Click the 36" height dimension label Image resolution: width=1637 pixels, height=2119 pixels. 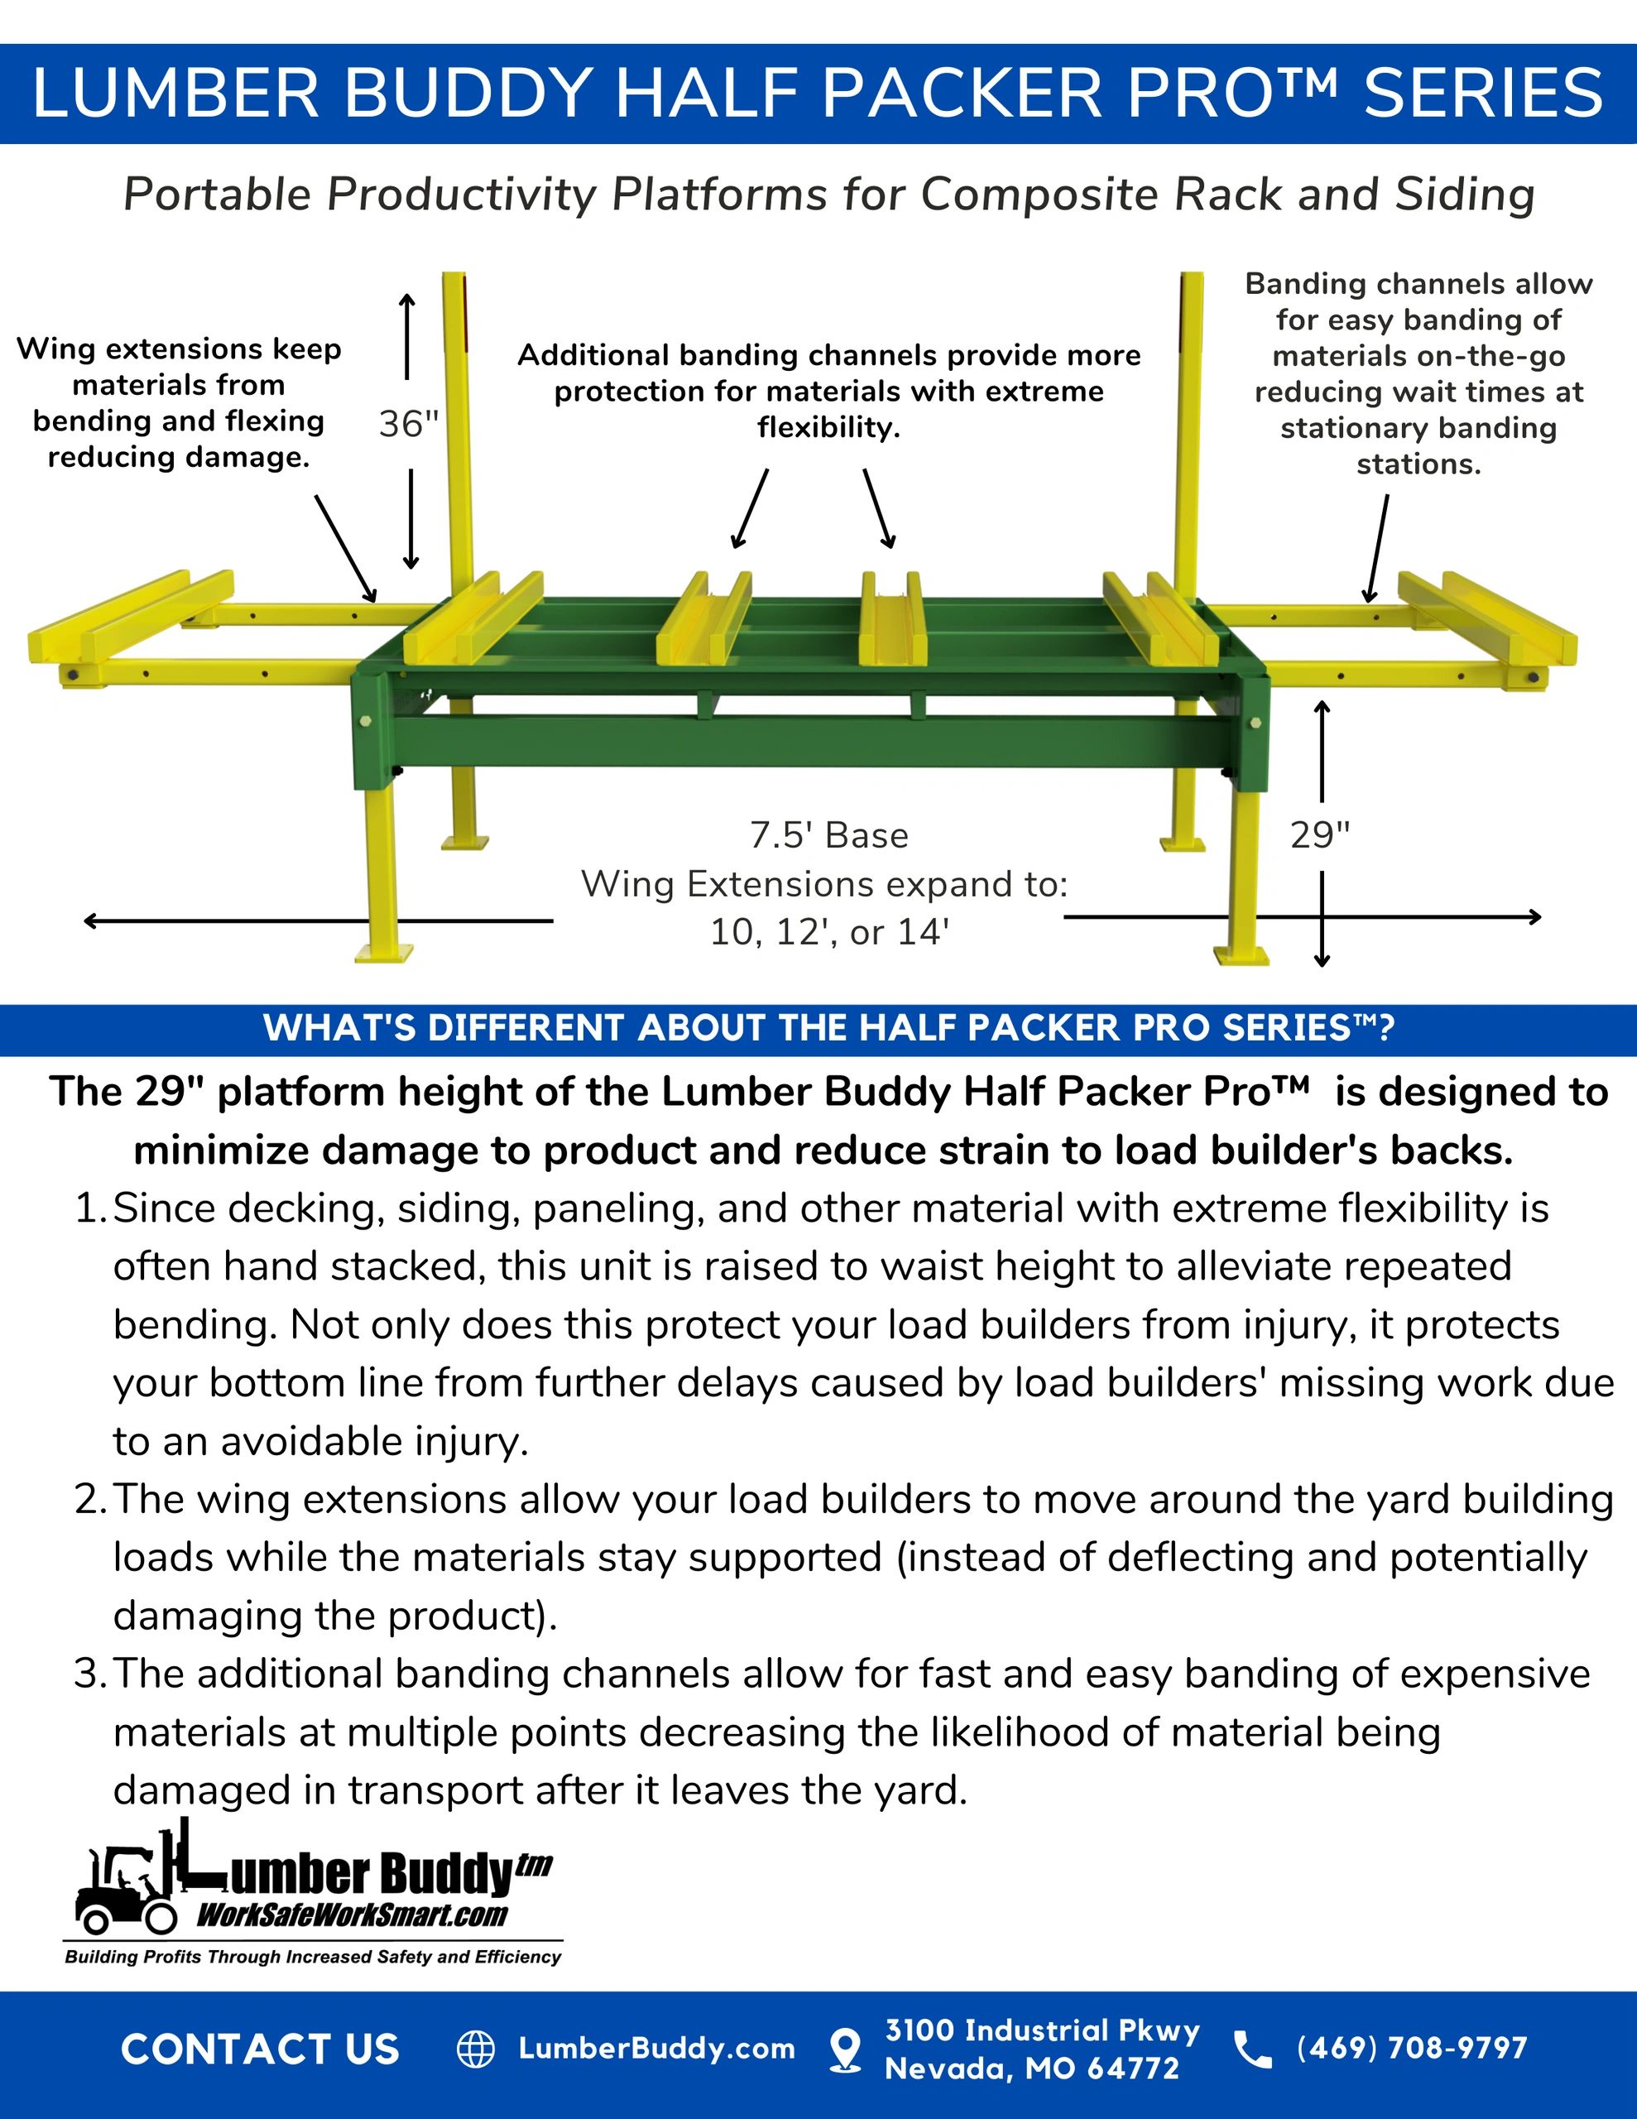point(409,424)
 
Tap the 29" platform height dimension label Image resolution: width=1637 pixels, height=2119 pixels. point(1320,834)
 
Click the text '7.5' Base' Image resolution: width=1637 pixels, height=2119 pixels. point(828,835)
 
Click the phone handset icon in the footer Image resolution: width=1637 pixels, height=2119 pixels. point(1253,2049)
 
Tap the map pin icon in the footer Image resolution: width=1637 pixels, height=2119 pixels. point(846,2050)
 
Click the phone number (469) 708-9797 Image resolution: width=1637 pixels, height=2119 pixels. point(1412,2048)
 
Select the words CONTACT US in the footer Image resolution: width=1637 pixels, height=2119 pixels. point(260,2049)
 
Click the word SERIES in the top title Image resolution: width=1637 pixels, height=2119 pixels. point(1484,94)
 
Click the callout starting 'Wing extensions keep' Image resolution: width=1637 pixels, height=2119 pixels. point(179,402)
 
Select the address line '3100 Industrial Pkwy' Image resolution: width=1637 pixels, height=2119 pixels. point(1042,2030)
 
